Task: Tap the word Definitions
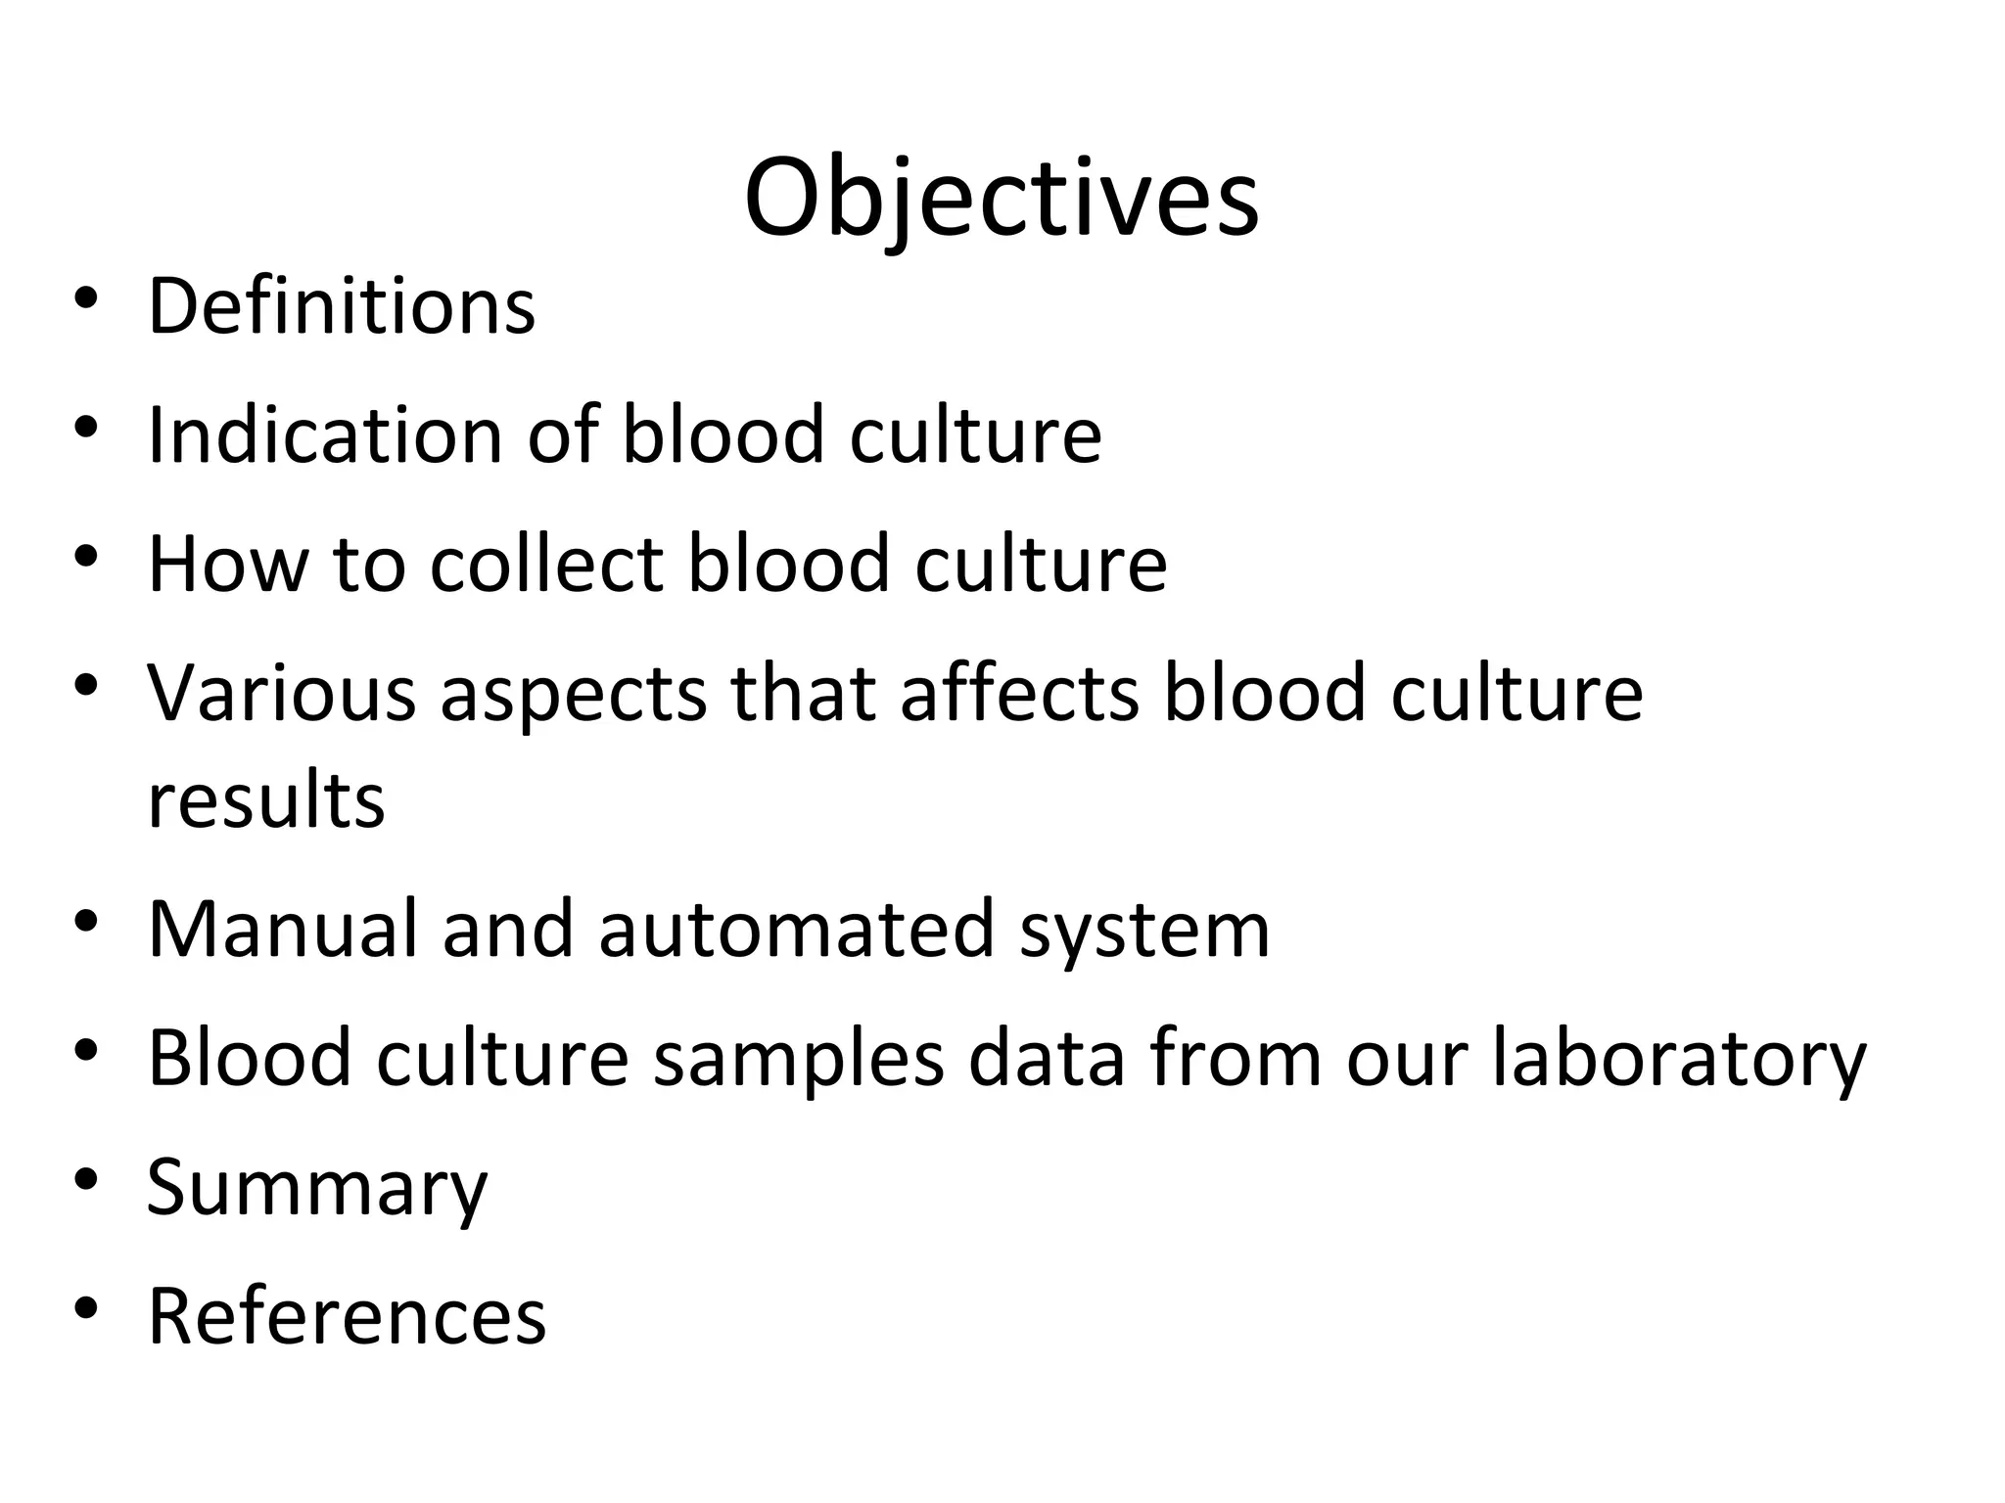(x=341, y=306)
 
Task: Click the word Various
(x=282, y=693)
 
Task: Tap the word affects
(x=1019, y=693)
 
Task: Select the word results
(x=265, y=800)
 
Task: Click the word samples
(x=798, y=1060)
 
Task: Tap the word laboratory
(x=1679, y=1060)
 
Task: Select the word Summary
(x=316, y=1188)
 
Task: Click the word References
(x=347, y=1316)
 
